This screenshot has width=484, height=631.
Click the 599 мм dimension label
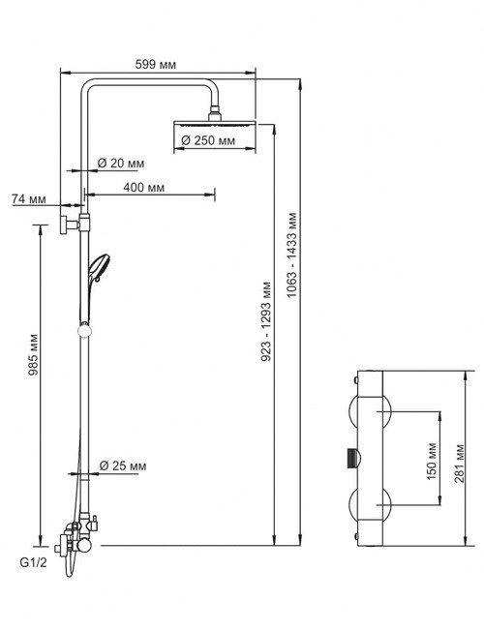tap(156, 65)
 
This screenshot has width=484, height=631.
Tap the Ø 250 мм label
tap(208, 140)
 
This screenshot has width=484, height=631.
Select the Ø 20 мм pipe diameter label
tap(121, 164)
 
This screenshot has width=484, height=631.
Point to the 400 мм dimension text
tap(144, 188)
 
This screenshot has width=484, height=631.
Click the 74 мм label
tap(29, 198)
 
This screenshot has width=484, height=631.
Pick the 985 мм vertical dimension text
tap(34, 354)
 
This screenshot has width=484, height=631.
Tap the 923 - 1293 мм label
tap(266, 321)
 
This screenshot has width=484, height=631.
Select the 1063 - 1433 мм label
tap(292, 255)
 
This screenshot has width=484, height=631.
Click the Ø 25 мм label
tap(123, 466)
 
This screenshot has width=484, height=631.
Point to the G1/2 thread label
tap(34, 562)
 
